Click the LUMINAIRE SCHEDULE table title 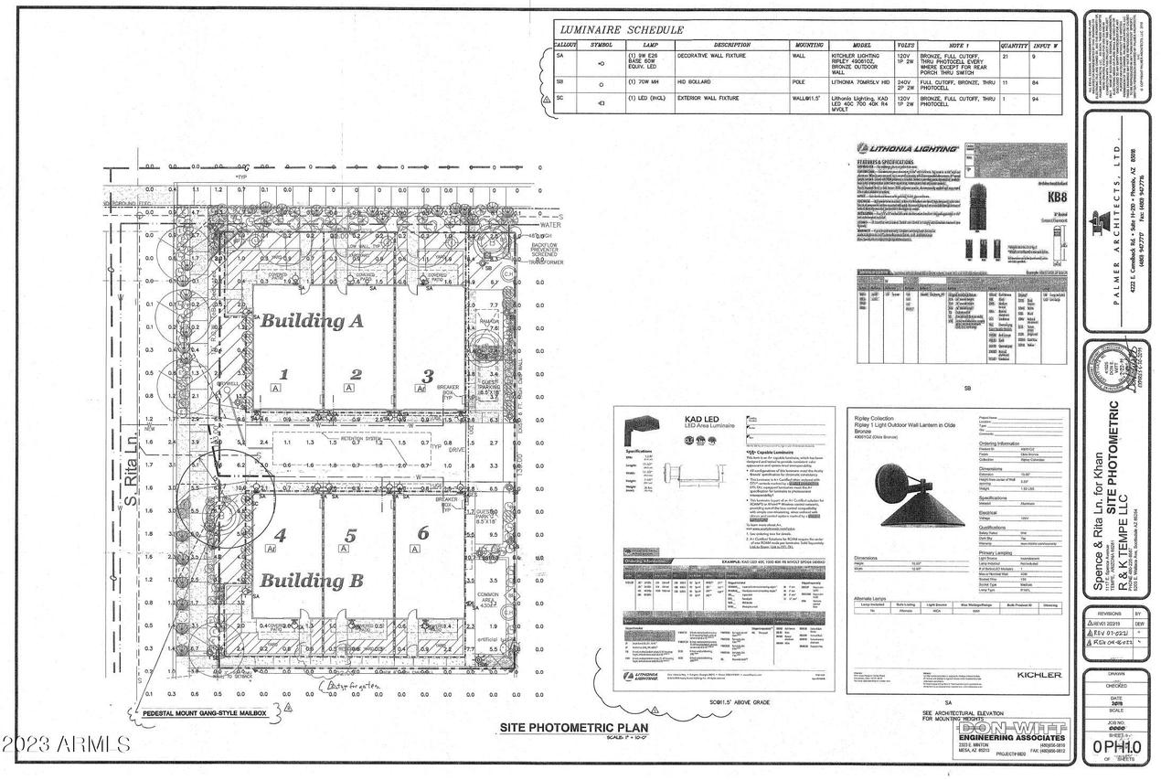point(621,30)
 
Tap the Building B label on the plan point(312,581)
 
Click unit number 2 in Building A point(357,374)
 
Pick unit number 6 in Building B point(422,533)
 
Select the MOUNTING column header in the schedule point(808,44)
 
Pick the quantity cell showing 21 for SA point(1006,56)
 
